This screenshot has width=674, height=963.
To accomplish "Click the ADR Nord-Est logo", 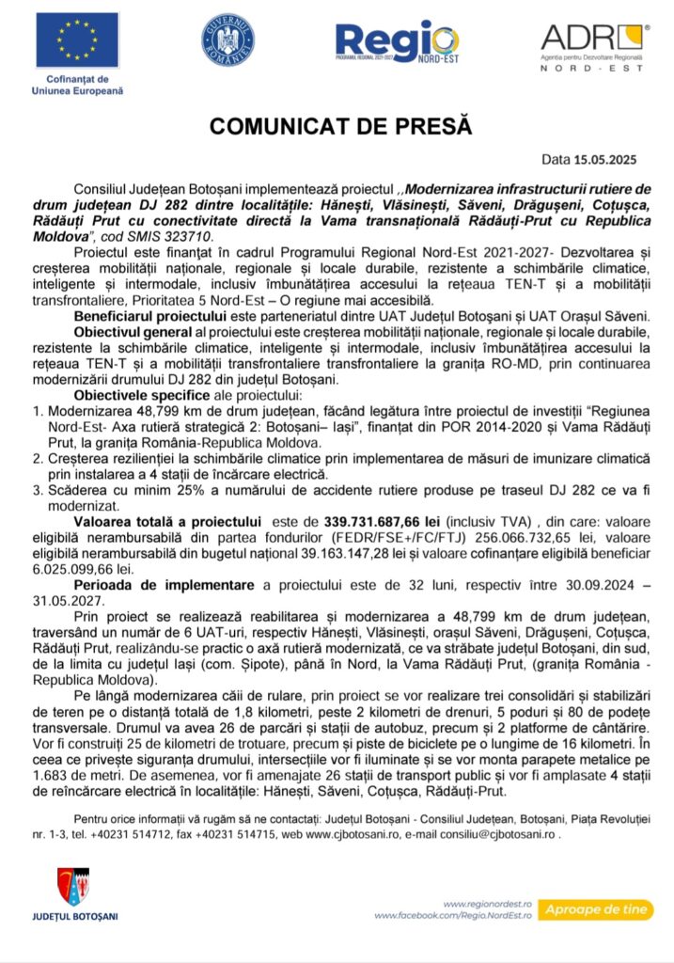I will pos(592,47).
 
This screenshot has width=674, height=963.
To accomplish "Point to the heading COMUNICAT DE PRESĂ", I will pos(340,126).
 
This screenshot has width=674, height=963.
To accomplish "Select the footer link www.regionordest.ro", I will pos(488,902).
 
